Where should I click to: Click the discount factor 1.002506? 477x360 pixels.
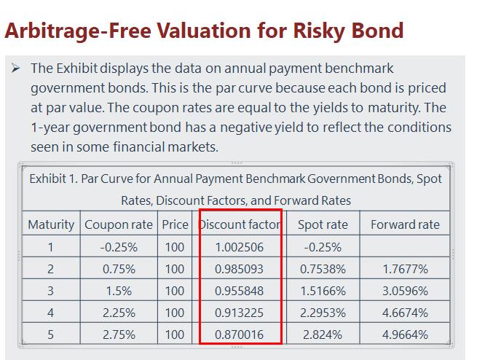(x=239, y=247)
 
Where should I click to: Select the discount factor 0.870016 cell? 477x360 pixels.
(x=239, y=334)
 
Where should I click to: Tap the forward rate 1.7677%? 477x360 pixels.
(x=405, y=269)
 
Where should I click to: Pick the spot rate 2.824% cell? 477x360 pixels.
(x=323, y=334)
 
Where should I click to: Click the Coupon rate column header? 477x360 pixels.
(x=119, y=224)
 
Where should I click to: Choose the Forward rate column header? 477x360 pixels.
(x=405, y=224)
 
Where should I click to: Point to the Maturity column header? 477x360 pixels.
(x=51, y=224)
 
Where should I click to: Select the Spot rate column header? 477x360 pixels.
(x=323, y=224)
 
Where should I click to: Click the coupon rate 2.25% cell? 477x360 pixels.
(x=119, y=313)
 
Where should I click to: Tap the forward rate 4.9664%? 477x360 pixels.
(x=405, y=334)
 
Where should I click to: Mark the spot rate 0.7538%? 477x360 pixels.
(x=323, y=269)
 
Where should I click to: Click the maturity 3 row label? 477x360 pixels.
(x=51, y=291)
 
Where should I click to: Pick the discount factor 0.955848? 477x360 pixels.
(x=239, y=291)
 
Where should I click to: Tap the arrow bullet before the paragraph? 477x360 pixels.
(x=15, y=69)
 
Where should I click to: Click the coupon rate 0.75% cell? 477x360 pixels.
(x=119, y=269)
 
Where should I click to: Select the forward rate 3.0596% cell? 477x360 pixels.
(x=405, y=291)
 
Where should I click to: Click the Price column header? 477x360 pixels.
(x=174, y=224)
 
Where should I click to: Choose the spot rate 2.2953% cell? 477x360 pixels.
(x=323, y=313)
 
